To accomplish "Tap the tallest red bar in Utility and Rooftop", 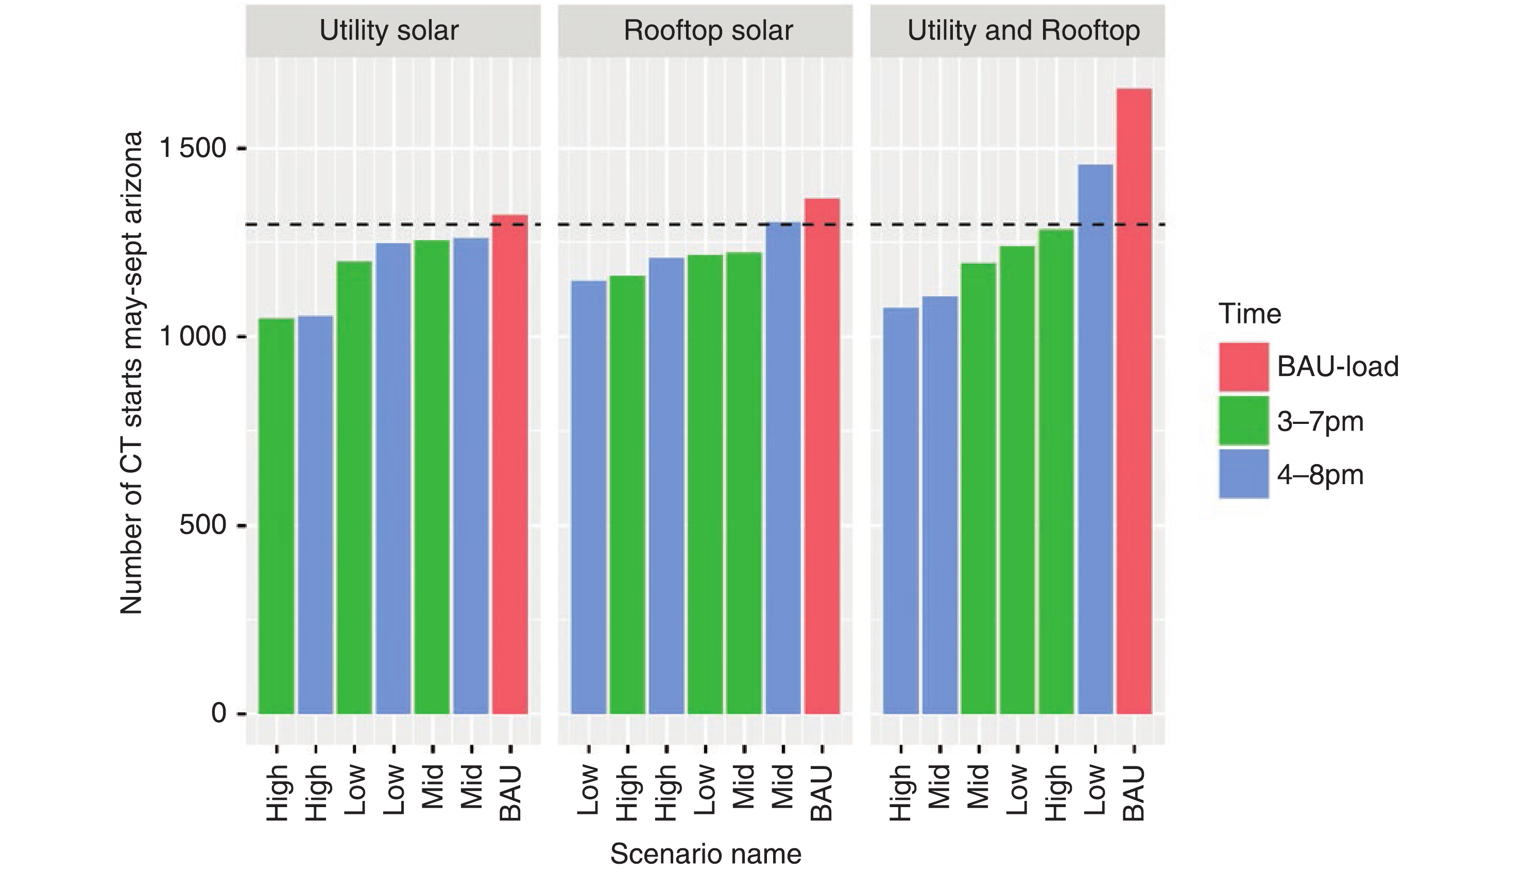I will (1134, 401).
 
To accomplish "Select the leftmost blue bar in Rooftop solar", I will (589, 497).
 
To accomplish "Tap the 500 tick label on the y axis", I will (203, 525).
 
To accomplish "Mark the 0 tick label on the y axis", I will (218, 713).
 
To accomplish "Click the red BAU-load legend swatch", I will (1244, 367).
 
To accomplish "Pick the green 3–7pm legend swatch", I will (1244, 421).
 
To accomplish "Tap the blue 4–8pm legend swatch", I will (1244, 474).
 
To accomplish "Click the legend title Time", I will (1250, 314).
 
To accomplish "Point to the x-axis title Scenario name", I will (706, 854).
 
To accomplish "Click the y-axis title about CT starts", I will (132, 372).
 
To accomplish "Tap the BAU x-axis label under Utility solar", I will (510, 794).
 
